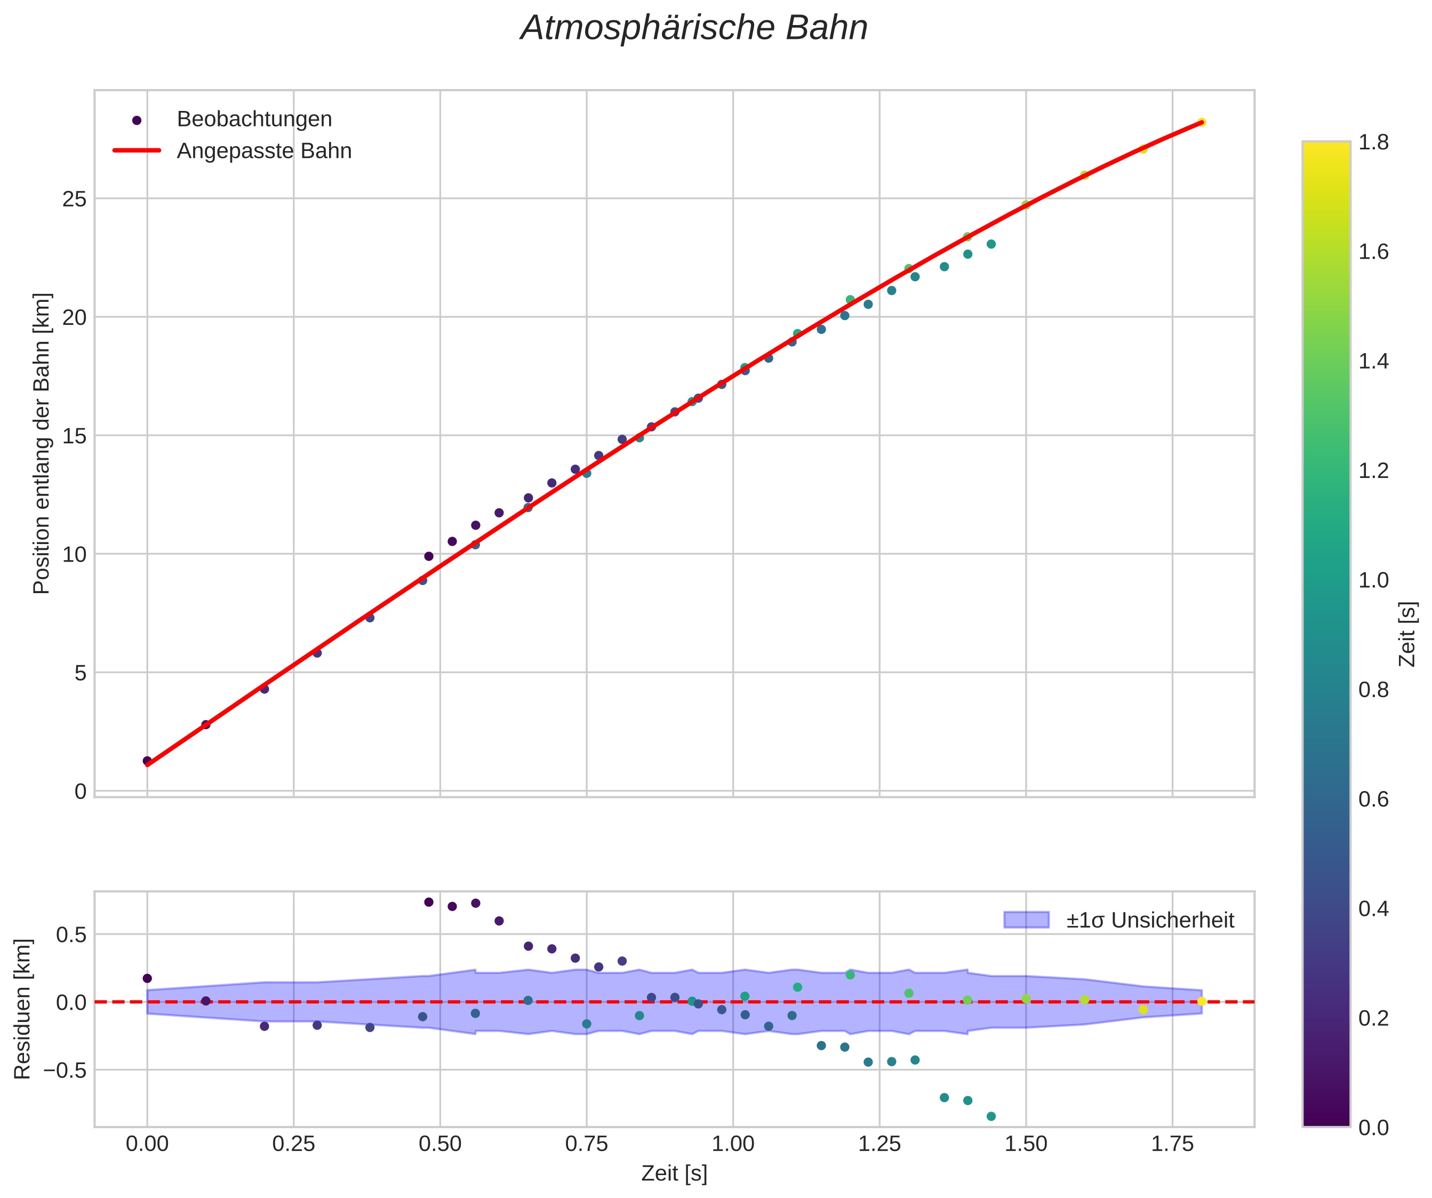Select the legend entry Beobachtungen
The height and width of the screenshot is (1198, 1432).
click(x=254, y=119)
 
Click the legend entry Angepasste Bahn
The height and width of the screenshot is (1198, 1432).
click(x=264, y=151)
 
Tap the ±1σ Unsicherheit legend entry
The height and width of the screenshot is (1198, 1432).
click(x=1150, y=921)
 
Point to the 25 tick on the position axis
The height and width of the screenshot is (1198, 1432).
click(x=74, y=199)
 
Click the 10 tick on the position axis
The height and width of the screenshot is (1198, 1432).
click(x=74, y=554)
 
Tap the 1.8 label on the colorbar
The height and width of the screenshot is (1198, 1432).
click(x=1373, y=142)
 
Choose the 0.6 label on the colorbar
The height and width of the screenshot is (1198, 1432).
click(x=1373, y=799)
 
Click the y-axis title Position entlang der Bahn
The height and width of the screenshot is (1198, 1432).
click(x=42, y=443)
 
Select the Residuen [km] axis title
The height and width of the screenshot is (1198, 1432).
click(x=22, y=1009)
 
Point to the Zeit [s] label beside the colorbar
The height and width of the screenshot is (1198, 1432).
click(x=1407, y=634)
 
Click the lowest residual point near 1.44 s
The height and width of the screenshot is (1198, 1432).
click(x=991, y=1116)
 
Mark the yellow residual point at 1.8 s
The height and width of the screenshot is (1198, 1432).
click(x=1202, y=1001)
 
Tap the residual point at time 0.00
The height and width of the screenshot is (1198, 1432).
click(x=147, y=978)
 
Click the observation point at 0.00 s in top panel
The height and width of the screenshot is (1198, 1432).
click(x=147, y=761)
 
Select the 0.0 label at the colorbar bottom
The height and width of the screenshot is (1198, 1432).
click(x=1373, y=1128)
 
